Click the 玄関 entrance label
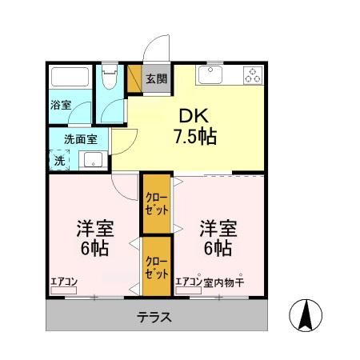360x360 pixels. [156, 78]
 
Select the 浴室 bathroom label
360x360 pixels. [62, 105]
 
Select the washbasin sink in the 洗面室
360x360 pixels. [93, 160]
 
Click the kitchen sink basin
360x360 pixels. [212, 76]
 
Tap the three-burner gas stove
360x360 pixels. [252, 76]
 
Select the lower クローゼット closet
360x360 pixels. [157, 266]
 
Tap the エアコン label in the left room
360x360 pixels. [64, 281]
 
